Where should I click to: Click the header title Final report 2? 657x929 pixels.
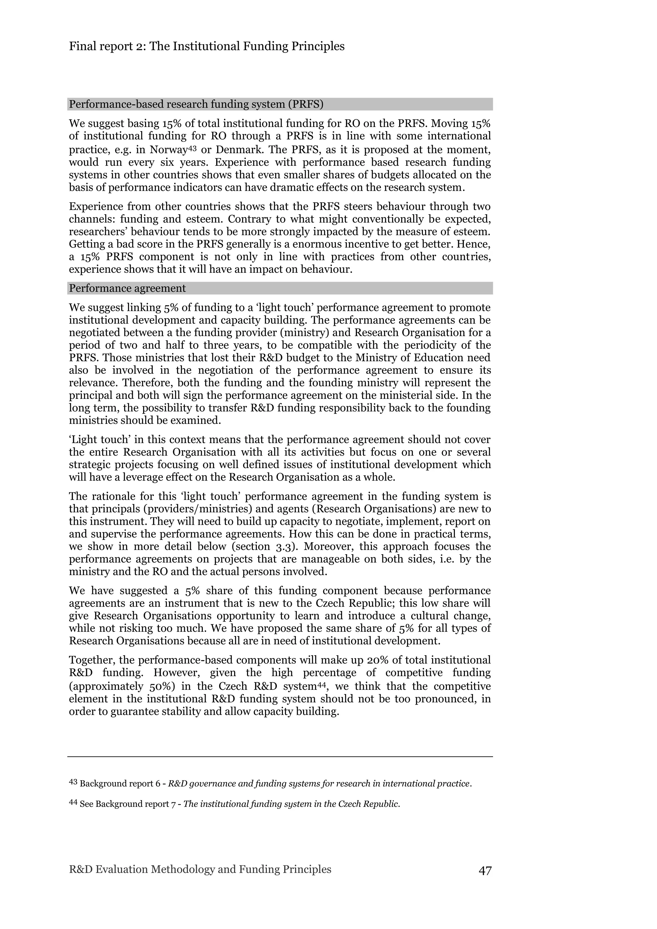click(207, 46)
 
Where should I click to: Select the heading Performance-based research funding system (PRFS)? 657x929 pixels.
click(196, 105)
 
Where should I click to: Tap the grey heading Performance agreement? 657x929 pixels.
click(127, 288)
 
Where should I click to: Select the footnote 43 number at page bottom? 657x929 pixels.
click(73, 782)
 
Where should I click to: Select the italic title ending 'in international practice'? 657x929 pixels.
click(320, 784)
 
